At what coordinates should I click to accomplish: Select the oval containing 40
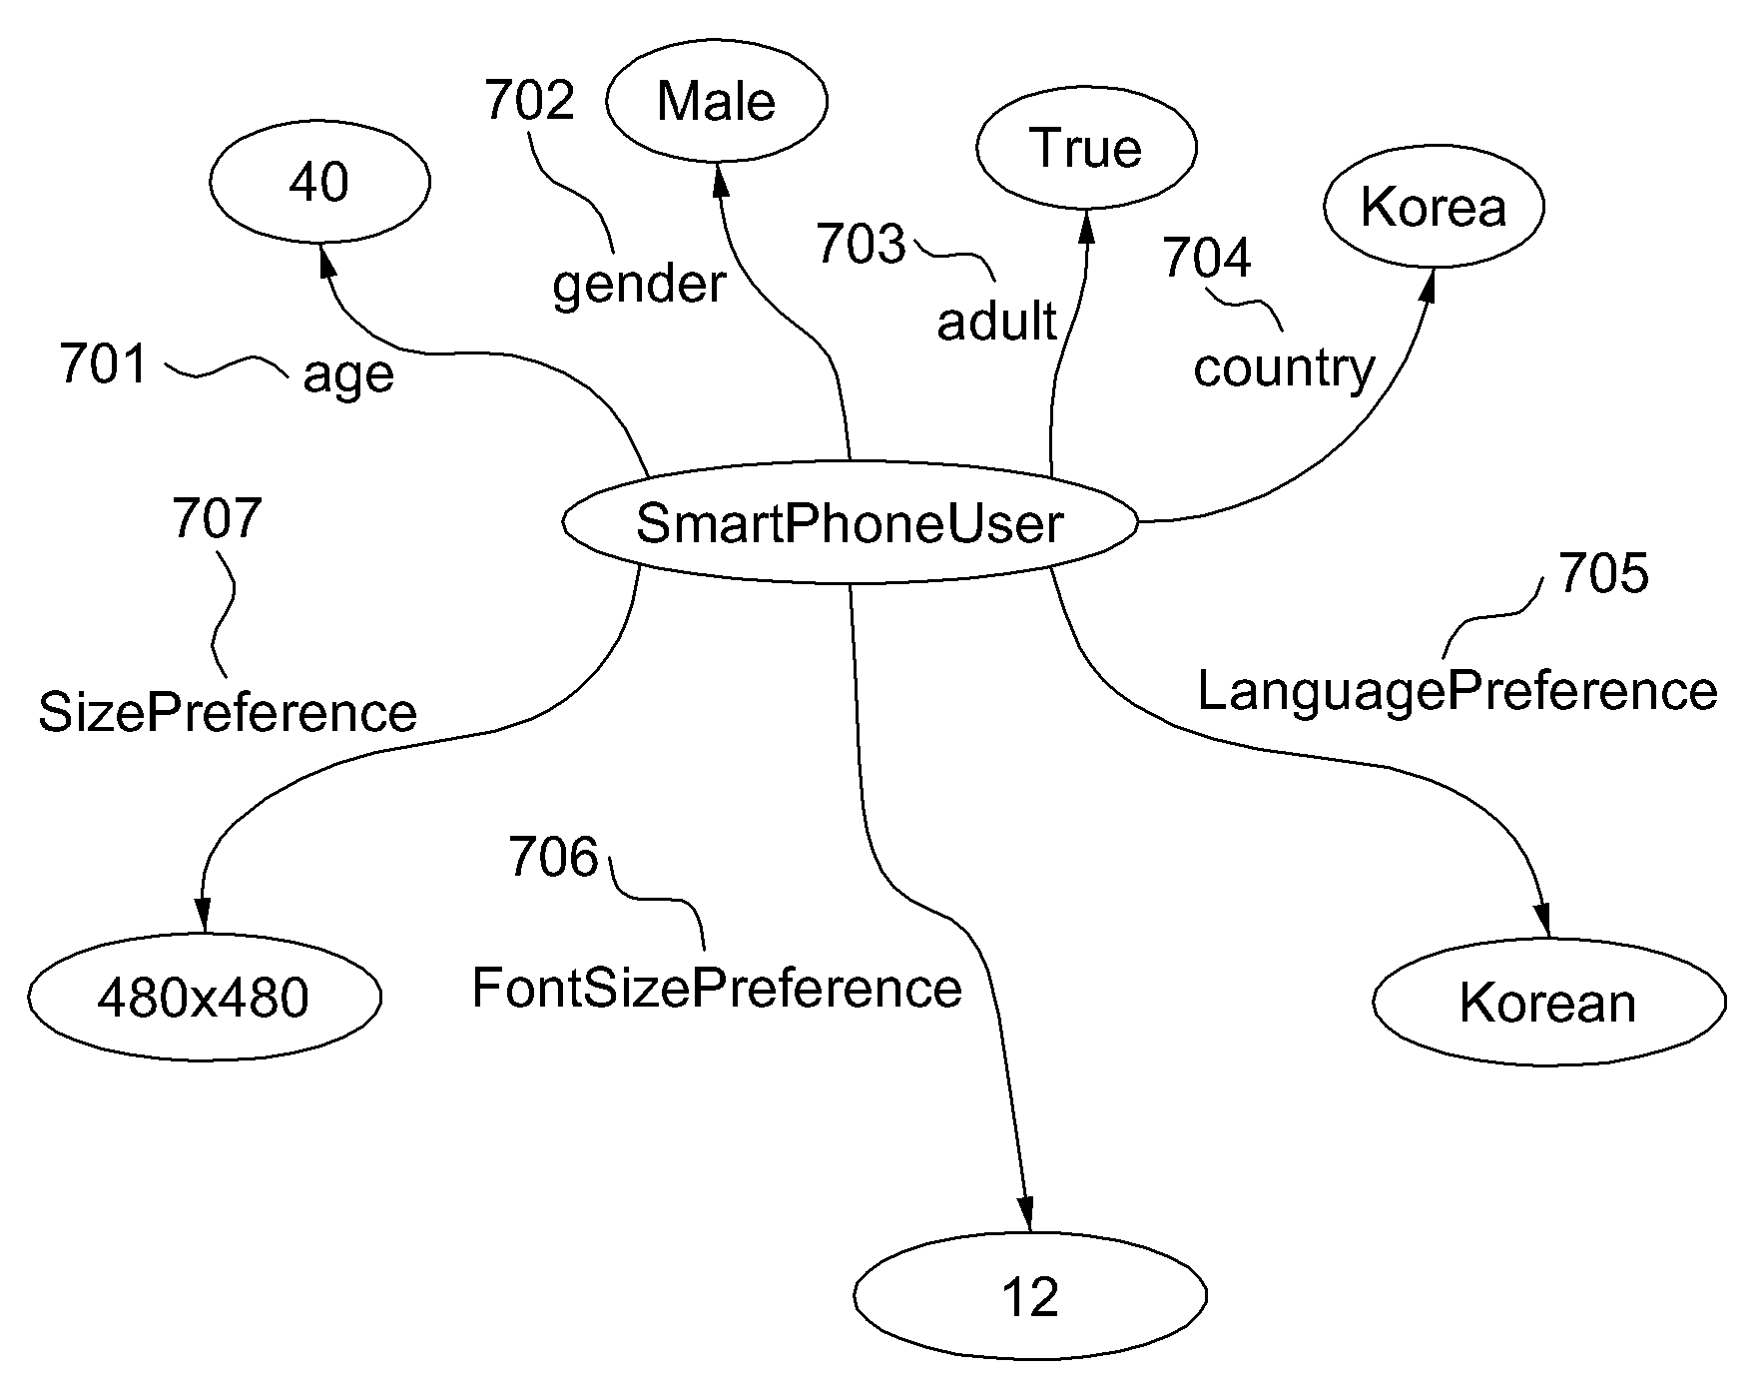tap(319, 183)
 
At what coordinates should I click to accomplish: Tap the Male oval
tap(716, 101)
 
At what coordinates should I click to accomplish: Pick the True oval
tap(1085, 148)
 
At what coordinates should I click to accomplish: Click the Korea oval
tap(1434, 208)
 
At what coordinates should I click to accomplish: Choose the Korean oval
tap(1548, 1003)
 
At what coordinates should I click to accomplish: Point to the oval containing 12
tap(1029, 1296)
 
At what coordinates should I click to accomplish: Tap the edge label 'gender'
tap(639, 286)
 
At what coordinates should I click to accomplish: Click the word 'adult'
tap(996, 321)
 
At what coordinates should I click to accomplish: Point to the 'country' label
tap(1284, 367)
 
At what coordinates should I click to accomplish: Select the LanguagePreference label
tap(1457, 691)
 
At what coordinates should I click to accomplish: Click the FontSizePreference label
tap(717, 989)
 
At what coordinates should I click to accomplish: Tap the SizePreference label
tap(228, 713)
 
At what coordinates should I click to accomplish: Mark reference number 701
tap(104, 363)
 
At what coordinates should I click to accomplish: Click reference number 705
tap(1603, 574)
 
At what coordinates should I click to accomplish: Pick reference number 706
tap(553, 857)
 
